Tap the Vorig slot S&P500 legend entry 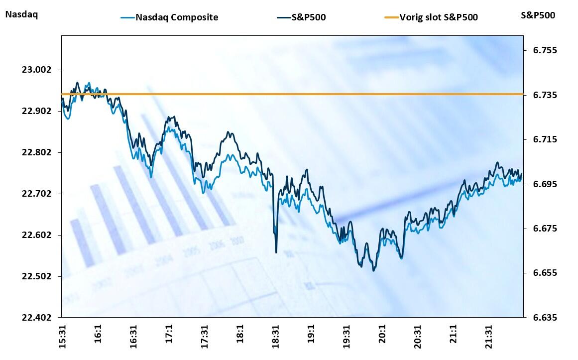click(x=438, y=17)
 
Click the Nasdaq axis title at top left click(x=21, y=14)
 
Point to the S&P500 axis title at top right click(x=538, y=15)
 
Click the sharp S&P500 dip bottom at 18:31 click(x=276, y=252)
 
